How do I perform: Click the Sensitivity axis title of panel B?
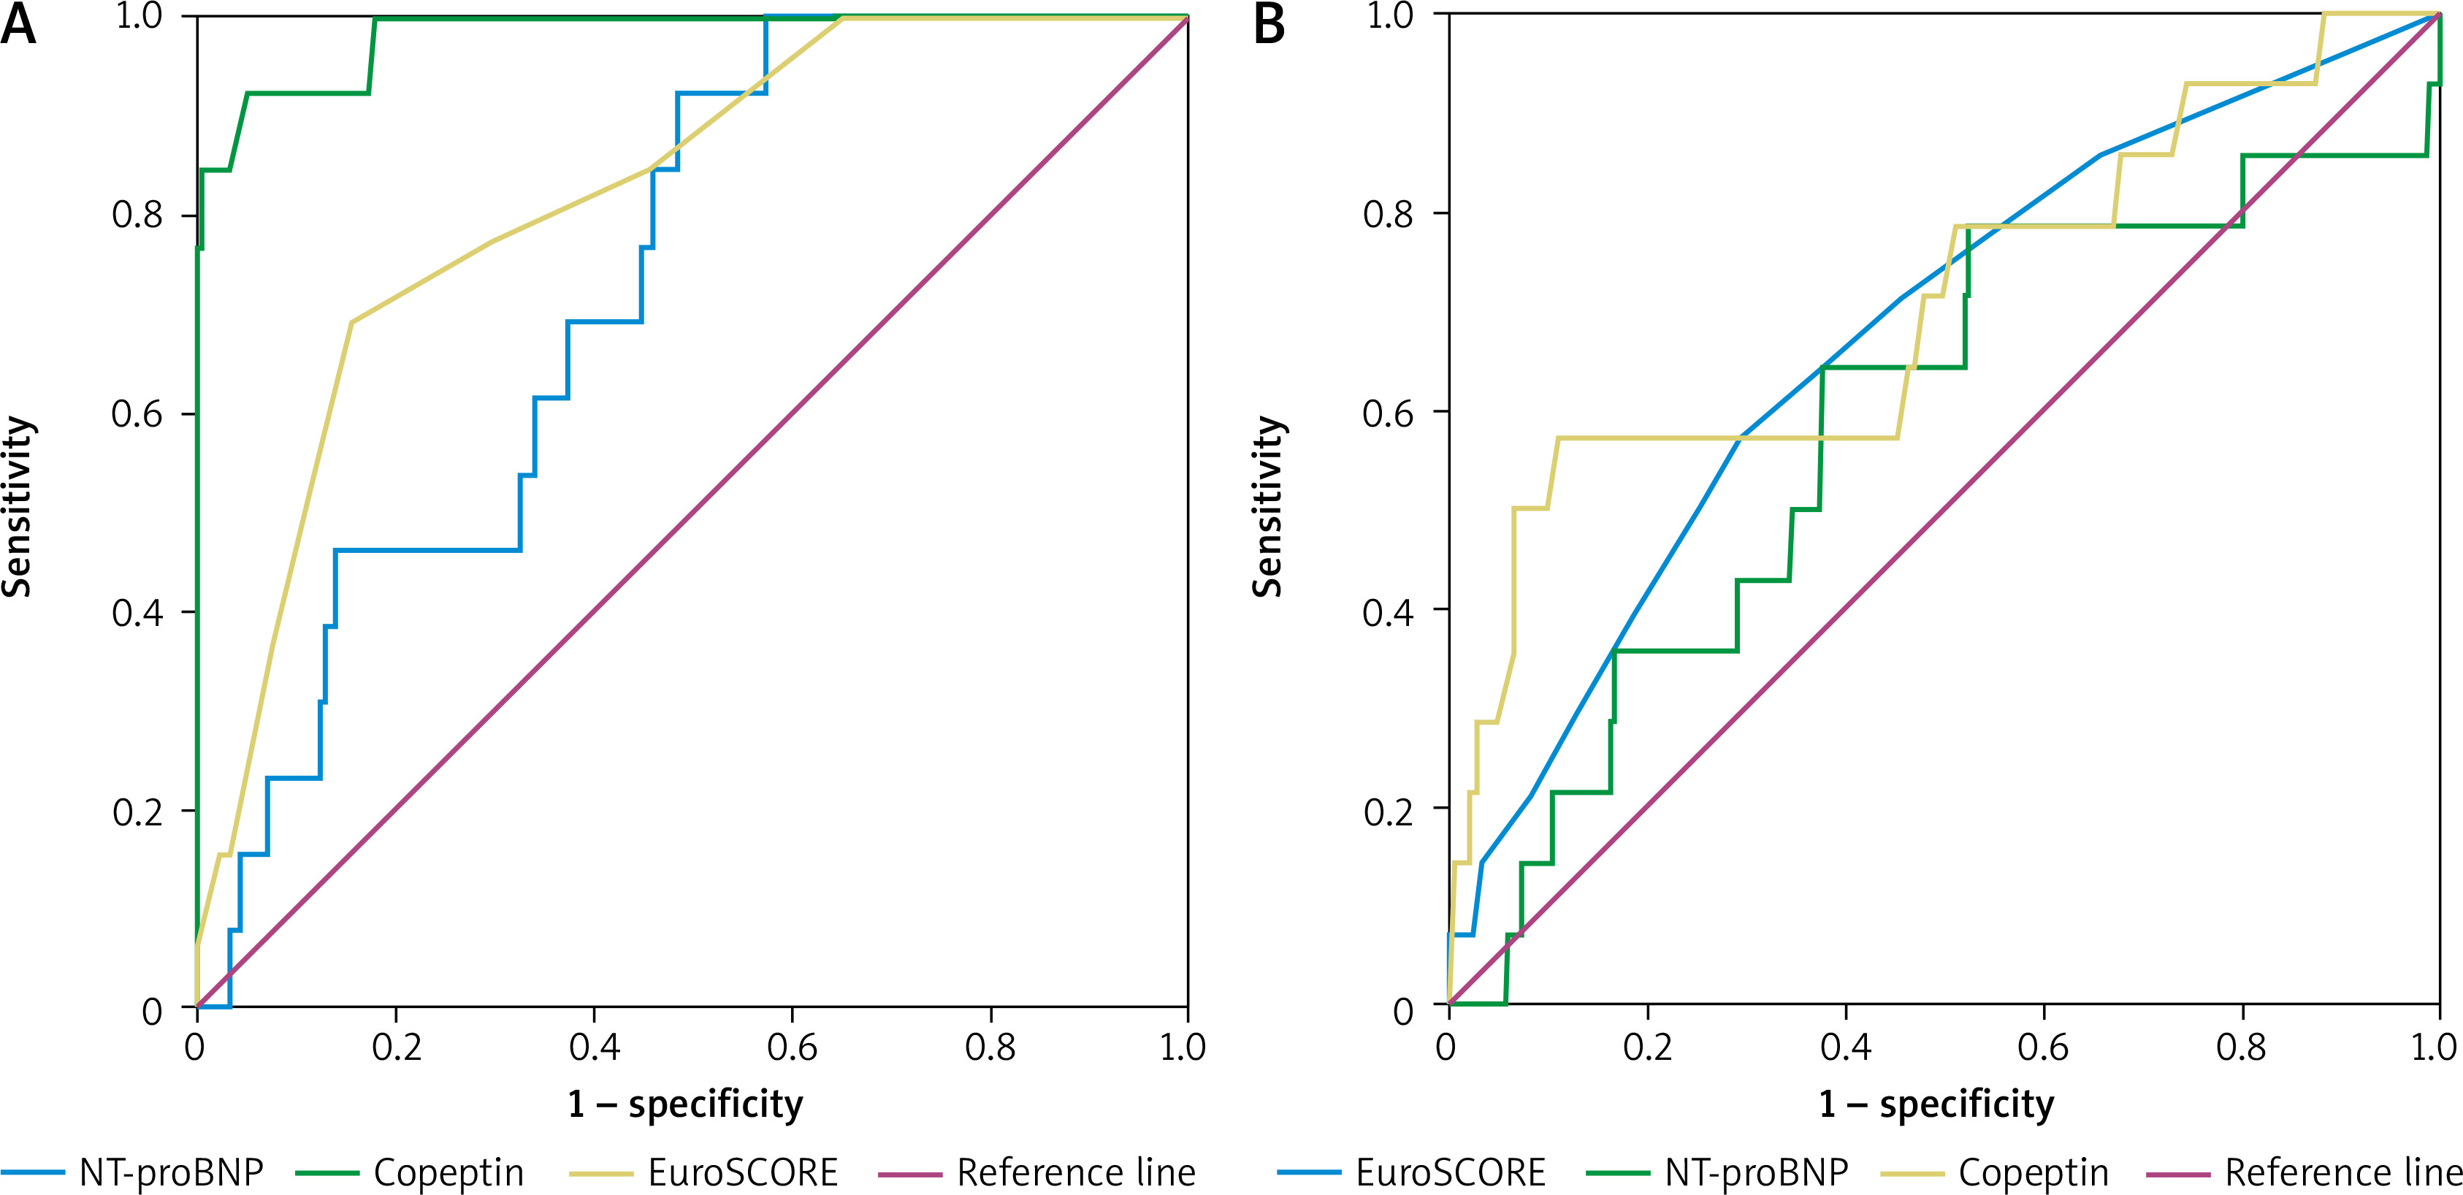pyautogui.click(x=1268, y=507)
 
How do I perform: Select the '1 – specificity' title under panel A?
pyautogui.click(x=686, y=1104)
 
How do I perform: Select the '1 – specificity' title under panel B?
pyautogui.click(x=1936, y=1104)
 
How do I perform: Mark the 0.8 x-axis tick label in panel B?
pyautogui.click(x=2241, y=1047)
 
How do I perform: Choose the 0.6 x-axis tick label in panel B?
pyautogui.click(x=2043, y=1047)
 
